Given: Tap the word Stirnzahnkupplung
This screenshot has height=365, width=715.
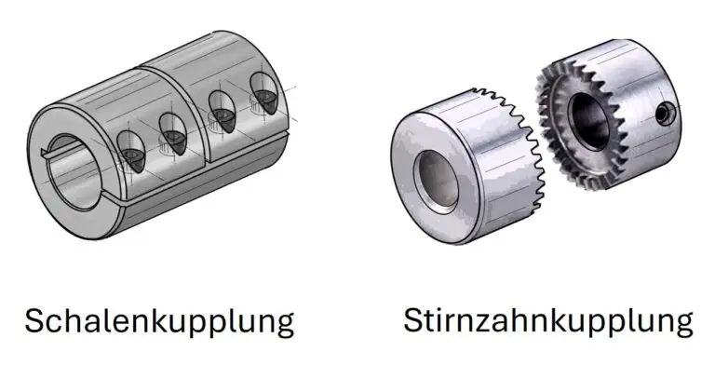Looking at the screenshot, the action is click(x=548, y=321).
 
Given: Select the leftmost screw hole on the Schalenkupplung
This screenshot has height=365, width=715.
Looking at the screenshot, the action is click(x=131, y=152).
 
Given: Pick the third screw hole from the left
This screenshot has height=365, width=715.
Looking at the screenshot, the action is click(x=223, y=112).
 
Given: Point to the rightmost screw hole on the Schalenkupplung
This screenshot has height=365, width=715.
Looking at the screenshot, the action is click(x=263, y=93).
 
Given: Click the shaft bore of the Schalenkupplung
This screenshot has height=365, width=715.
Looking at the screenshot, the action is click(x=73, y=172).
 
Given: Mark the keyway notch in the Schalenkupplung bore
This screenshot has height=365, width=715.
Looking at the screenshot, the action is click(x=46, y=153).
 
